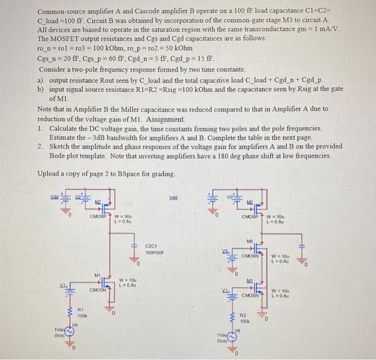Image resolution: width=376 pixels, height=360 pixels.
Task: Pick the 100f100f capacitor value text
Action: click(x=154, y=251)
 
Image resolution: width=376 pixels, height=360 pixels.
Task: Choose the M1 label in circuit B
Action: click(x=250, y=280)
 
